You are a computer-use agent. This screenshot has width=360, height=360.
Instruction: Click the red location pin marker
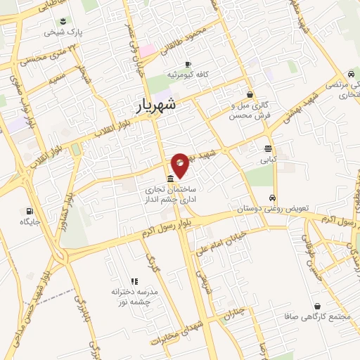(181, 165)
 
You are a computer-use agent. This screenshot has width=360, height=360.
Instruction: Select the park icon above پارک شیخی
(64, 20)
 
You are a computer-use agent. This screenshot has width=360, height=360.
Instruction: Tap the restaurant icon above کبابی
(268, 148)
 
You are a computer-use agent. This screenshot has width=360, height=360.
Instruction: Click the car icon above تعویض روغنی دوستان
(273, 198)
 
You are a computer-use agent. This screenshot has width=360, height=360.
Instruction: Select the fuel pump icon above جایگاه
(29, 210)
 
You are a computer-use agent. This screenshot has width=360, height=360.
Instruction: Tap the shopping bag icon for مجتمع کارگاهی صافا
(320, 307)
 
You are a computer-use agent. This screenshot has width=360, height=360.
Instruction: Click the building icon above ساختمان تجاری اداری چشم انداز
(171, 178)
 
